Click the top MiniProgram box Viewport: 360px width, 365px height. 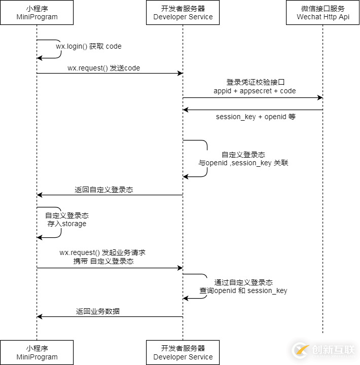37,13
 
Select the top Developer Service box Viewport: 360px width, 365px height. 183,13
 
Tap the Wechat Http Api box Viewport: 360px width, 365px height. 323,13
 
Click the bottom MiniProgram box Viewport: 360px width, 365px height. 37,352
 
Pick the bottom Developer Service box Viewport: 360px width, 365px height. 183,352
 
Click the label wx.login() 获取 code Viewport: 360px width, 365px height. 89,46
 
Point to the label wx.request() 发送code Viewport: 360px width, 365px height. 103,68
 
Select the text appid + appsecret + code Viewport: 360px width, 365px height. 255,91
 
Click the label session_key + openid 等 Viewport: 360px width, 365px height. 256,117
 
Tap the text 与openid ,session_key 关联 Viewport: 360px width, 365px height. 243,163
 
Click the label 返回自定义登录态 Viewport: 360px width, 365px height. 104,190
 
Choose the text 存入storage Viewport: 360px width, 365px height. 67,224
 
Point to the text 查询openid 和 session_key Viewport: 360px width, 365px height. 243,290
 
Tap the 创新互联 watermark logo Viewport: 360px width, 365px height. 324,350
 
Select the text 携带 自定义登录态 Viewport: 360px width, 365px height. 103,261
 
